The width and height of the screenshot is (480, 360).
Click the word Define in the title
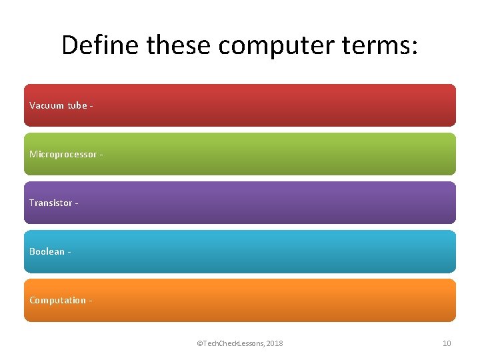100,45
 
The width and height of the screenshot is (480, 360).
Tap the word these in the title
180,45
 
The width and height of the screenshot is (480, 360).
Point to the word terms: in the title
381,45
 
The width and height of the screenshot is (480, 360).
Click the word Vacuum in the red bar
47,105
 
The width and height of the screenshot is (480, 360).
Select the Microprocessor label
63,154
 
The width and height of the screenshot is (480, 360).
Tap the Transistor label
51,203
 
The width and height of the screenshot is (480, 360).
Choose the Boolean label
47,251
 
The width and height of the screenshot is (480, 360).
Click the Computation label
57,300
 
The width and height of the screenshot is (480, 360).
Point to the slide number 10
447,343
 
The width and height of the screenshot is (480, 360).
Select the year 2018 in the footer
274,343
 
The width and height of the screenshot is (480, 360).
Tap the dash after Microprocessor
101,155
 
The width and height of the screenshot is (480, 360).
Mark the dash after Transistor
77,203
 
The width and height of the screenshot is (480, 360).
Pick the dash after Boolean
69,252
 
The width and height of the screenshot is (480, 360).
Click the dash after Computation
90,301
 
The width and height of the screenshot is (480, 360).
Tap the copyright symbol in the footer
199,343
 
